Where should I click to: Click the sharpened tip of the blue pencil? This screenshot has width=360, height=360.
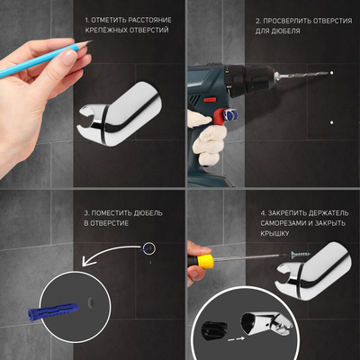point(92,40)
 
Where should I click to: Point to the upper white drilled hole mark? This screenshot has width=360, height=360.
point(331,73)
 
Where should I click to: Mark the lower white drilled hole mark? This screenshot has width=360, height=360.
point(331,122)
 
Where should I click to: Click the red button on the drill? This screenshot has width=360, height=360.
point(210,100)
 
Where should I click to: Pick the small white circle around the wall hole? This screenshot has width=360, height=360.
point(149,248)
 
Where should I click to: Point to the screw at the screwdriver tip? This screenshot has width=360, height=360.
point(300,255)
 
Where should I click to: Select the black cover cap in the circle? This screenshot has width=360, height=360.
point(214,329)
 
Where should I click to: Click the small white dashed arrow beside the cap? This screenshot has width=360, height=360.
point(236,338)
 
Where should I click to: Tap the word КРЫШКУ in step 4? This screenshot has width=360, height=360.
point(274,233)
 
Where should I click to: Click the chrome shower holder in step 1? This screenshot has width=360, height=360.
point(120,115)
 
